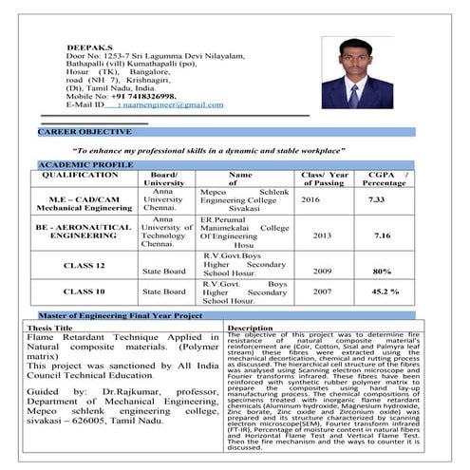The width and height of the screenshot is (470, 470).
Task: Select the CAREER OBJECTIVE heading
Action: click(85, 131)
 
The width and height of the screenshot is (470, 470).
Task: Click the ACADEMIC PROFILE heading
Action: click(85, 165)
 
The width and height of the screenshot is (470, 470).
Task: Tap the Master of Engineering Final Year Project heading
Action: click(120, 314)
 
